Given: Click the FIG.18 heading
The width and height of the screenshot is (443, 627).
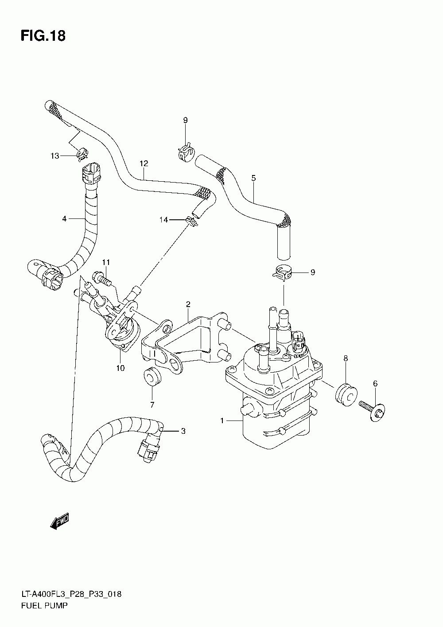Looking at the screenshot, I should click(x=43, y=35).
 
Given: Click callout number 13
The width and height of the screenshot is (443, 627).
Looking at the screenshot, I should click(x=54, y=156).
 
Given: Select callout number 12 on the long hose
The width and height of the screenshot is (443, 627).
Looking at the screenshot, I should click(x=143, y=164).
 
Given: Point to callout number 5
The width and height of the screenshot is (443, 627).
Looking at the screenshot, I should click(x=253, y=178).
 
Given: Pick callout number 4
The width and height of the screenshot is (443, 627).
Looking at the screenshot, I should click(x=64, y=218).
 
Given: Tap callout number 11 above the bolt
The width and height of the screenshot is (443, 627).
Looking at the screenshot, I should click(x=105, y=263).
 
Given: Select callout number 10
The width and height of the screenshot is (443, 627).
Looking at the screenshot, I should click(x=120, y=368).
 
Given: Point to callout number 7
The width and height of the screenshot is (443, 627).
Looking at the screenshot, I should click(x=152, y=405).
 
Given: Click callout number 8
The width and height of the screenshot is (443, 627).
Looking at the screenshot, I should click(x=346, y=358).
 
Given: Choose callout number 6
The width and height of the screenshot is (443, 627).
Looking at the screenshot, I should click(x=375, y=384).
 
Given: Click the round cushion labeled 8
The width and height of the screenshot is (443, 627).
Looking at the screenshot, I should click(x=345, y=393).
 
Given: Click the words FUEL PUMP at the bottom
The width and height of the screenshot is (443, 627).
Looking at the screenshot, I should click(x=44, y=605).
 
